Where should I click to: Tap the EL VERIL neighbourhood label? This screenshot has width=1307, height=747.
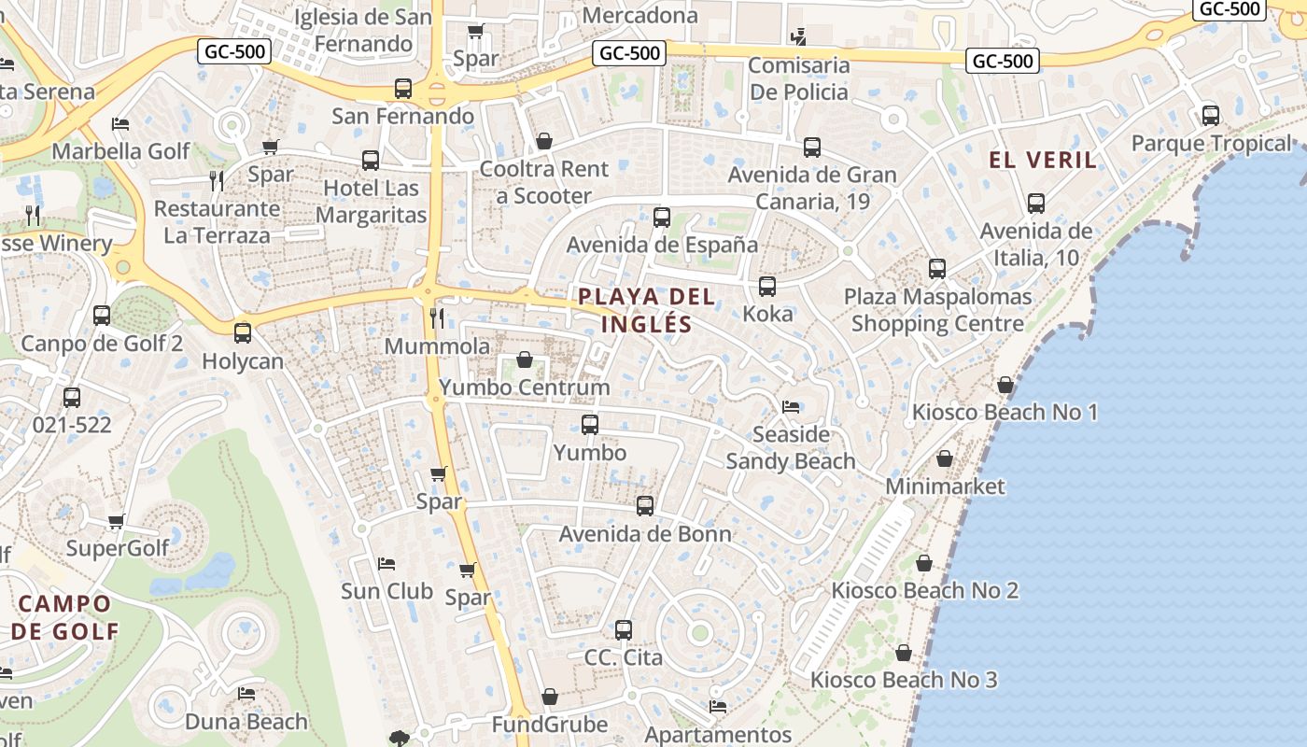1043,160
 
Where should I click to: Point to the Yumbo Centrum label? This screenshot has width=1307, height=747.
524,387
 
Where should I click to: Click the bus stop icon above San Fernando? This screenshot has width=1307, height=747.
403,89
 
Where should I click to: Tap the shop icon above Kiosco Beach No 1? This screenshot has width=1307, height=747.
1005,385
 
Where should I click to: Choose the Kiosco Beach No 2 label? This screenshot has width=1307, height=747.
924,590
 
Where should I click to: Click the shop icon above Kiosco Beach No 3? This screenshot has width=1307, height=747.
903,653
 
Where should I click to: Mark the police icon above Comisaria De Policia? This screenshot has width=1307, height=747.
798,37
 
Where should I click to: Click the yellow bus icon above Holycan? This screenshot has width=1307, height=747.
243,332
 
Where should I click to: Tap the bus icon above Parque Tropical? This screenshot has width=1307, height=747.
1211,117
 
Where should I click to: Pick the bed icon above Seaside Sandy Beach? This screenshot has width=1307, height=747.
790,407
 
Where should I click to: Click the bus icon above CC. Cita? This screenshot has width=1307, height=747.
624,630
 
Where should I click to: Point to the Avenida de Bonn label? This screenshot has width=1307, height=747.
645,534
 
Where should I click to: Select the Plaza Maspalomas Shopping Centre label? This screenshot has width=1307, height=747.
937,310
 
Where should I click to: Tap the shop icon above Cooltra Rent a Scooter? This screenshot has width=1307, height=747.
544,142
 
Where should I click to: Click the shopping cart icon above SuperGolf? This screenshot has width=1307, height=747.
117,521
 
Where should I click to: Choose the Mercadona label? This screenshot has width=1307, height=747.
639,15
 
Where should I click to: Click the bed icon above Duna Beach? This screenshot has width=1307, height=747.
246,694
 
